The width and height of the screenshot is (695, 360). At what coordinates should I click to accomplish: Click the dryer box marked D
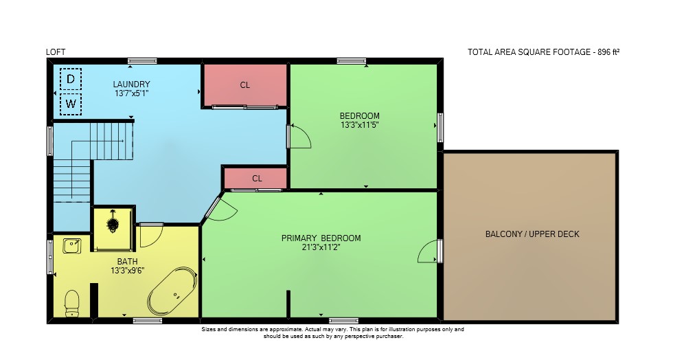pos(71,79)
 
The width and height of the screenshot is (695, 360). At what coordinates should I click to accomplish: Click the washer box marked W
pos(71,104)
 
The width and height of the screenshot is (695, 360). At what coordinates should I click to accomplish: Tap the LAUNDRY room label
pos(131,85)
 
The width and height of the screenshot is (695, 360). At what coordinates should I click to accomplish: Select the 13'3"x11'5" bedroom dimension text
pos(359,125)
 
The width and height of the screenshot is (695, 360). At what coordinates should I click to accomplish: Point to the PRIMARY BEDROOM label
pos(321,238)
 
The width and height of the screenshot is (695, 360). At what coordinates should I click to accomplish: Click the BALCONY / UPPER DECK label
pos(532,234)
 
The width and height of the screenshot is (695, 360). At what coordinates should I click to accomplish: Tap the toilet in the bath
pos(72,303)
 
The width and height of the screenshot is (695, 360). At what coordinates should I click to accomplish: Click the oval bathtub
pos(172,291)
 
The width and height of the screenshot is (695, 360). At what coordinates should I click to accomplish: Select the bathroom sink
pos(72,246)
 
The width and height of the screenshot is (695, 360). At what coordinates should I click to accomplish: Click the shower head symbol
pos(113,223)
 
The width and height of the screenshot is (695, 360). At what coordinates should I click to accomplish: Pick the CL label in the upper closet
pos(245,85)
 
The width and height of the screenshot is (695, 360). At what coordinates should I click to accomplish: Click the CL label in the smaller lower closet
pos(257,178)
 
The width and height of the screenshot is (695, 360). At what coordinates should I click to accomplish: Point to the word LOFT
pos(56,52)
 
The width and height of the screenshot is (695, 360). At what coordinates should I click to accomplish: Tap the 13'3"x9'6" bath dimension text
pos(128,270)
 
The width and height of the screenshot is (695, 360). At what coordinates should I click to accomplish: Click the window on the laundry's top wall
pos(142,60)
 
